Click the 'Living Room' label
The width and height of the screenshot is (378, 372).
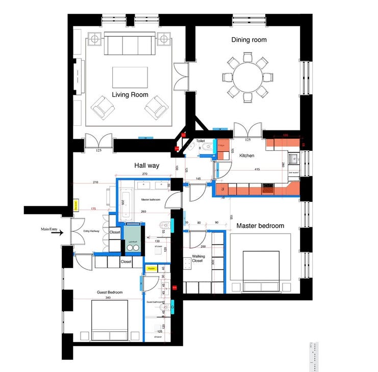130,95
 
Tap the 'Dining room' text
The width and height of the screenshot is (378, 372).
249,40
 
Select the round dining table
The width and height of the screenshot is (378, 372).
245,77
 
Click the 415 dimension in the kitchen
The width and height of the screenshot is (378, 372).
257,169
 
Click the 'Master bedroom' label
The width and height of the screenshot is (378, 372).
260,226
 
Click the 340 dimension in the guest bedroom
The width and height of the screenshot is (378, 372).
108,298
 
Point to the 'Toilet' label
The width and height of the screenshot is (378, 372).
200,140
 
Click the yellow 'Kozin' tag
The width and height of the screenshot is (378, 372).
152,268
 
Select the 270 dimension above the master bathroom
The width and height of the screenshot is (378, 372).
144,174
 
